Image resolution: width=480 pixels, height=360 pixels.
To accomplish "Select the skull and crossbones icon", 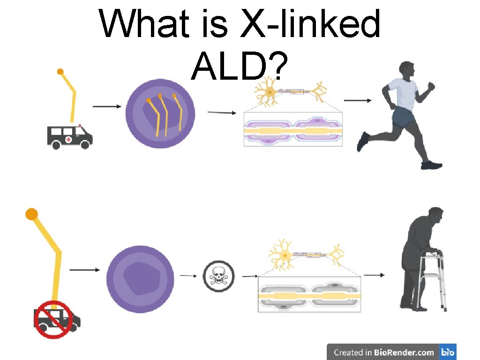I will [x=218, y=276].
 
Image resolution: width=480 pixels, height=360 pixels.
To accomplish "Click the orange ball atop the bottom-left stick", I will [x=31, y=215].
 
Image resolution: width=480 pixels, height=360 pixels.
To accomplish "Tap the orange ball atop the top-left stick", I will [x=60, y=72].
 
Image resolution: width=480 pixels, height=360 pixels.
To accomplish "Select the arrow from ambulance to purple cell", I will [x=106, y=106].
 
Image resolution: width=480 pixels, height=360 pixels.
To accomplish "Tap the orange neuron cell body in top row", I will [x=269, y=92].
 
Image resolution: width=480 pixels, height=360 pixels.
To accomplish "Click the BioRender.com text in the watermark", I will [x=404, y=352].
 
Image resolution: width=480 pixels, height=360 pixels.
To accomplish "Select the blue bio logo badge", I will [x=448, y=352].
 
